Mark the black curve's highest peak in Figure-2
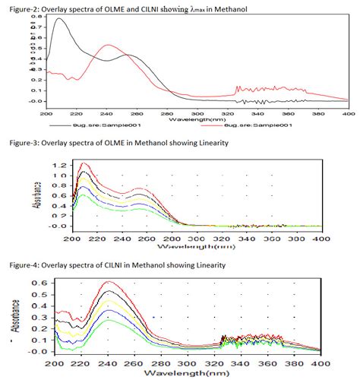coord(59,19)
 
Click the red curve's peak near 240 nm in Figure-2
coord(108,46)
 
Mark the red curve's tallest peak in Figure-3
coord(84,163)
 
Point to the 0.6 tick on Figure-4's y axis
coord(33,283)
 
